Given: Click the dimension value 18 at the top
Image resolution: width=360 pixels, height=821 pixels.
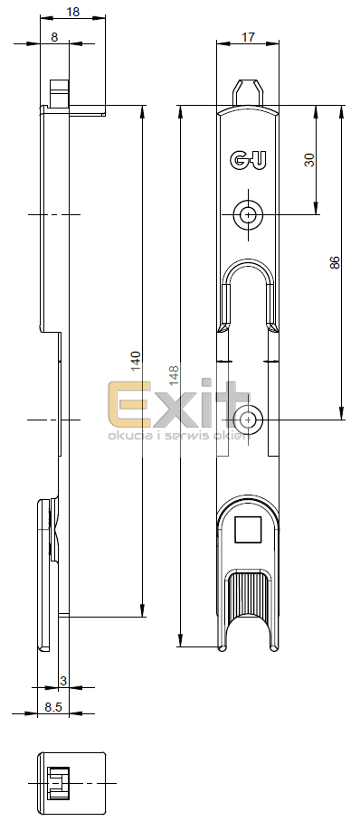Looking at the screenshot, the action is [x=73, y=12].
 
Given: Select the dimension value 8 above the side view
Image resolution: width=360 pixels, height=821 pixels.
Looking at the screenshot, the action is [x=54, y=37].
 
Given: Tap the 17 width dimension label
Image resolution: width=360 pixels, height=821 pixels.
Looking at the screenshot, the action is [x=248, y=37].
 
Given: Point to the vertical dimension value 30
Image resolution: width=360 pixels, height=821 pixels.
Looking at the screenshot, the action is [x=309, y=160].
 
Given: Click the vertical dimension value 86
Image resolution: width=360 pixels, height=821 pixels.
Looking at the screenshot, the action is [x=335, y=262].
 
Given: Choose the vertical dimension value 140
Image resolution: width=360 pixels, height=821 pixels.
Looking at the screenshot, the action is [x=135, y=362].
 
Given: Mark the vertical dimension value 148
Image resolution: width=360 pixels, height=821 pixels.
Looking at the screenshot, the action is [x=174, y=376].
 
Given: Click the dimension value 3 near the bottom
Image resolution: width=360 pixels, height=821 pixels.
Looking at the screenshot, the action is [x=63, y=681].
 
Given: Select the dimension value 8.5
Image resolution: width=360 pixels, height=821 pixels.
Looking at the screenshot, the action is [x=53, y=707].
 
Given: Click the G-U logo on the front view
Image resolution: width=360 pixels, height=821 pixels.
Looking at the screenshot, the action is [x=248, y=160].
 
